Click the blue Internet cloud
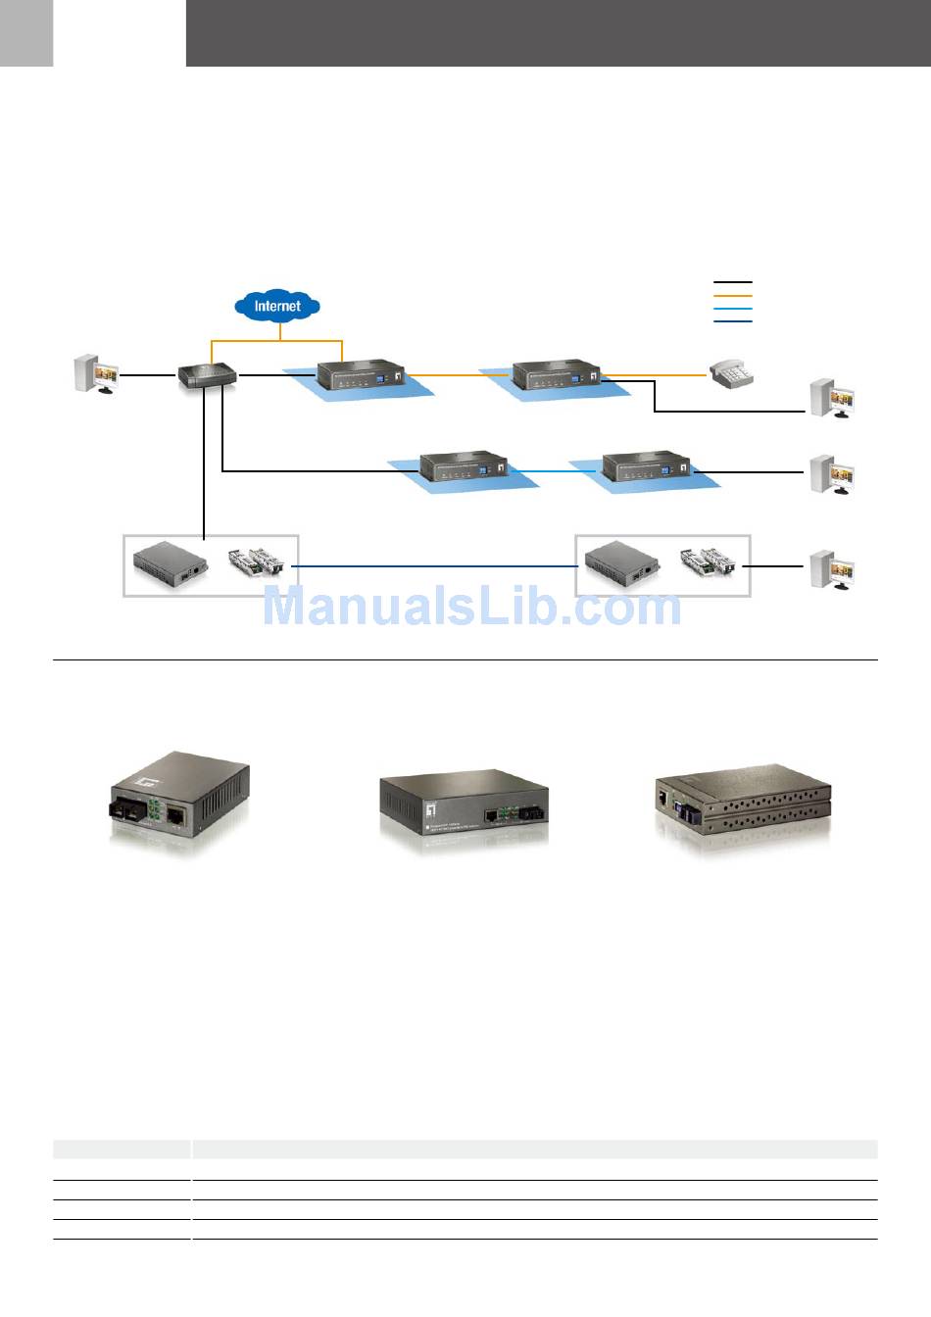pos(277,306)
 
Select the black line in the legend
pos(732,282)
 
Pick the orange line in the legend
pos(732,295)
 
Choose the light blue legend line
pos(732,308)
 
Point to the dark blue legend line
pos(732,320)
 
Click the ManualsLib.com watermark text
pos(471,607)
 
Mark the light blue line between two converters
pos(555,471)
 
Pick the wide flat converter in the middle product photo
pos(463,808)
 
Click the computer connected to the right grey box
pos(832,569)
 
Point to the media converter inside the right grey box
pos(620,563)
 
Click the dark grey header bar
pos(559,33)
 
